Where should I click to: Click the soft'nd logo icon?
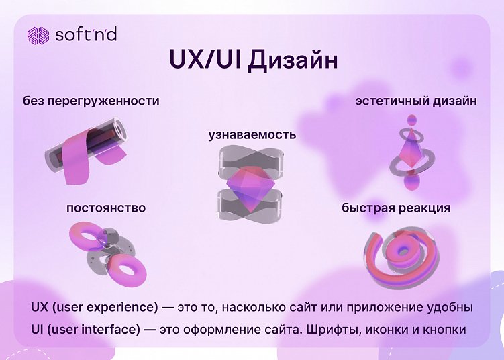coord(38,35)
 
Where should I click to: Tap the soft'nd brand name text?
coord(85,34)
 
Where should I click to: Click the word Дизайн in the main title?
coord(292,60)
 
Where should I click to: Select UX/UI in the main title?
coord(205,60)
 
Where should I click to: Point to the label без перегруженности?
coord(91,101)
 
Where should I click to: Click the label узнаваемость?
coord(252,134)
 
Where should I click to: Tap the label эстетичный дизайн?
coord(416,101)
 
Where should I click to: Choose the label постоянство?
coord(106,208)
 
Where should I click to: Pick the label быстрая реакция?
coord(396,208)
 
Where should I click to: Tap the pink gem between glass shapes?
coord(252,185)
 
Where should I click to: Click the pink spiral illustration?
coord(400,255)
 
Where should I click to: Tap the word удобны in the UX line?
coord(450,308)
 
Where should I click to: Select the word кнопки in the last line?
coord(444,330)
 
